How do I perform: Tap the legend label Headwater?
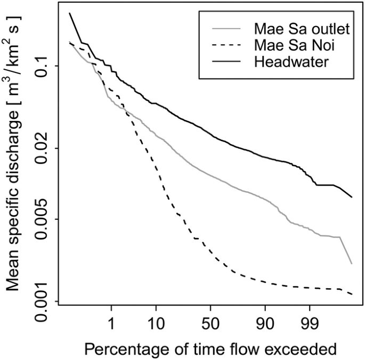click(x=291, y=61)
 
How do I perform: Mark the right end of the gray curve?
click(x=352, y=263)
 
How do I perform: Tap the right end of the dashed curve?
click(x=352, y=294)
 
